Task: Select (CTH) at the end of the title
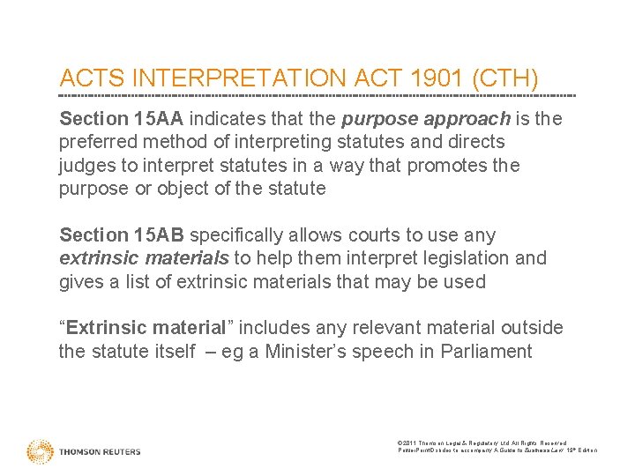(505, 78)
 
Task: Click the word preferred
(94, 142)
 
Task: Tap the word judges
(84, 165)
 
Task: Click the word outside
(532, 328)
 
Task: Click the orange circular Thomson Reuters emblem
(40, 450)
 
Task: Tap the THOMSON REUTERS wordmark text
(100, 451)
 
